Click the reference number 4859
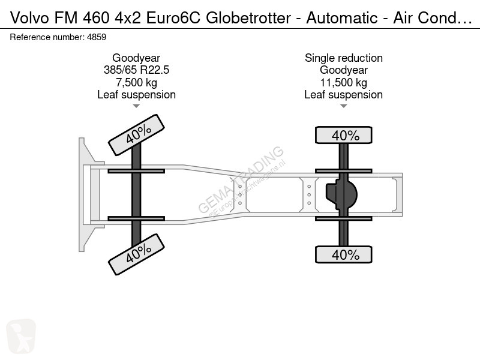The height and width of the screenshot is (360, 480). click(97, 37)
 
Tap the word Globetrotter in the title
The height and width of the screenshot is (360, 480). click(248, 18)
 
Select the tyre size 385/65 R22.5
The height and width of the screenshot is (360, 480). click(136, 70)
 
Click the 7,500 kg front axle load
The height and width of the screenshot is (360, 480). click(136, 83)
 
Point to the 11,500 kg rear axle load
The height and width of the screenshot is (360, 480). click(343, 83)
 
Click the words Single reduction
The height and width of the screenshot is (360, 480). click(343, 58)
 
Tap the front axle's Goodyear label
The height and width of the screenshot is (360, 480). click(136, 58)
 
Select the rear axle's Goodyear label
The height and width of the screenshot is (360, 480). click(343, 70)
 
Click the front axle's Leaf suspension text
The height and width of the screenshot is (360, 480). click(136, 95)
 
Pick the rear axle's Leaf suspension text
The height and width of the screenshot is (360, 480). click(343, 95)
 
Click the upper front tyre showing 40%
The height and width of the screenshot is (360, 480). click(137, 135)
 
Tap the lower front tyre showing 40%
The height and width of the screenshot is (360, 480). click(137, 254)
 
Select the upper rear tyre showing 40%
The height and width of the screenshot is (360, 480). click(343, 135)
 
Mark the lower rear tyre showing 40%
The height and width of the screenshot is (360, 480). click(343, 254)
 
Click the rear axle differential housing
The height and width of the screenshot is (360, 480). click(341, 194)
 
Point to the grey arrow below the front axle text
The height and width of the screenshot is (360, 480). click(136, 106)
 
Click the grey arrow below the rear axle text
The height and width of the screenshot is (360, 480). click(343, 106)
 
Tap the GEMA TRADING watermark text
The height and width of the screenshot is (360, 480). click(241, 180)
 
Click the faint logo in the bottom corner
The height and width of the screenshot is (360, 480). click(21, 336)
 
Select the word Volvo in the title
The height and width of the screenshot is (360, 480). click(29, 18)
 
